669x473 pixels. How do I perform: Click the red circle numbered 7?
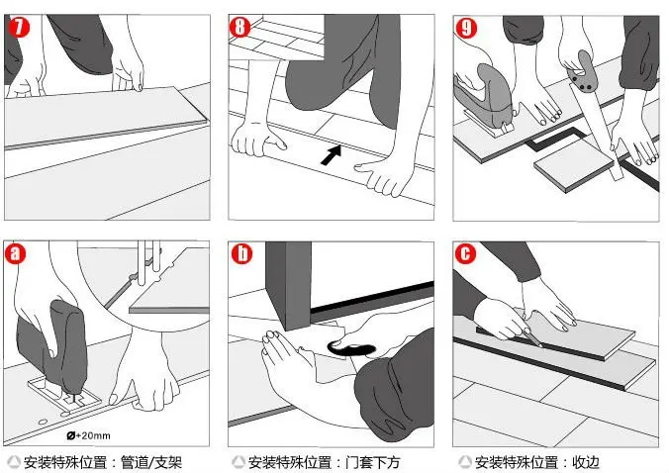coord(19,27)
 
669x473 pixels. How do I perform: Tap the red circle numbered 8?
coord(239,27)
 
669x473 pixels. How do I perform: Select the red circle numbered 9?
coord(466,28)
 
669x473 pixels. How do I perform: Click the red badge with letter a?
coord(15,253)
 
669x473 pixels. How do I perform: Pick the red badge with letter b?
coord(241,253)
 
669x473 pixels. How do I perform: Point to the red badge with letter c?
coord(465,253)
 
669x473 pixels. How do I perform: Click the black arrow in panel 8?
coord(332,155)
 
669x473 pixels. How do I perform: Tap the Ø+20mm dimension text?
coord(89,435)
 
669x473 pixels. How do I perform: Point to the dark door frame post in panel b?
coord(288,285)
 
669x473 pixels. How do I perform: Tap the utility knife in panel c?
coord(531,337)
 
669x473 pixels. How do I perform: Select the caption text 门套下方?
coord(373,462)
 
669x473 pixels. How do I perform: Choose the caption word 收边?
coord(586,462)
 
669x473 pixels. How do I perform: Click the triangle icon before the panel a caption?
coord(14,462)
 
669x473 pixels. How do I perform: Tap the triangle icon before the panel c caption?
coord(465,462)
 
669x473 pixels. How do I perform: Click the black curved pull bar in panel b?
coord(350,349)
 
